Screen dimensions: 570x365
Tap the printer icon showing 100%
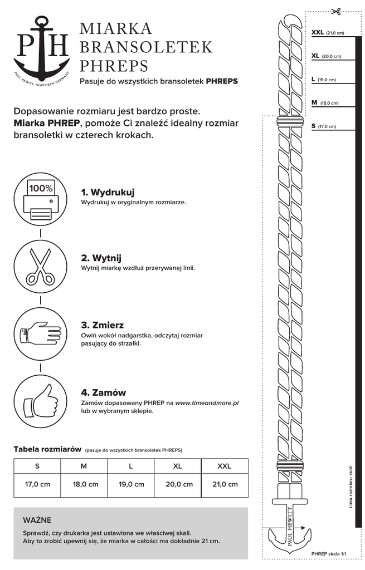pyautogui.click(x=41, y=201)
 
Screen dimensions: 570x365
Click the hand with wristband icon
pyautogui.click(x=41, y=335)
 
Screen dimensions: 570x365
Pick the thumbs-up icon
pyautogui.click(x=41, y=401)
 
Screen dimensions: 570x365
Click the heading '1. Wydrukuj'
pyautogui.click(x=108, y=192)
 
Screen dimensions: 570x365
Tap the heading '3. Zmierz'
pyautogui.click(x=103, y=325)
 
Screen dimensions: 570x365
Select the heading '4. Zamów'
pyautogui.click(x=104, y=392)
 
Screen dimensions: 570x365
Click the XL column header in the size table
pyautogui.click(x=178, y=466)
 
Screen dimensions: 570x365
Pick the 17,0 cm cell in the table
pyautogui.click(x=37, y=484)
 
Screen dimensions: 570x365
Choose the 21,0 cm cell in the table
pyautogui.click(x=225, y=484)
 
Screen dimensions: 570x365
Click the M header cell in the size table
pyautogui.click(x=84, y=466)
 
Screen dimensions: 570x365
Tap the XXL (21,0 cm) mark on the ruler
pyautogui.click(x=328, y=33)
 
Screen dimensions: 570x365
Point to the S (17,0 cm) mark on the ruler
pyautogui.click(x=324, y=126)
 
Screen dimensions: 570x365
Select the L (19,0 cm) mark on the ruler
pyautogui.click(x=324, y=80)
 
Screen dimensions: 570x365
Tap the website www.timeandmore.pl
pyautogui.click(x=207, y=402)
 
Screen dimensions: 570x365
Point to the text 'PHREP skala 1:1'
pyautogui.click(x=329, y=554)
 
